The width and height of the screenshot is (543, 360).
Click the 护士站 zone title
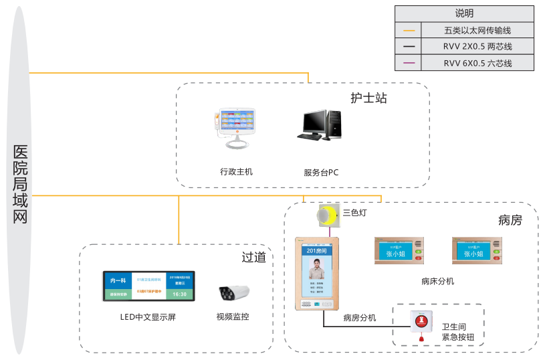pos(368,98)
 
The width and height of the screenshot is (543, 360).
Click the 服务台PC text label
pos(321,173)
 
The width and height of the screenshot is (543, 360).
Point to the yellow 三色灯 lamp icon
pos(326,215)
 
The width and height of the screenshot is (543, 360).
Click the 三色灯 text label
pos(354,213)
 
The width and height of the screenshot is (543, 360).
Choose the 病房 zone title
pos(510,219)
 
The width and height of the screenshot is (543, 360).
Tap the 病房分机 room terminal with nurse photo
pos(317,274)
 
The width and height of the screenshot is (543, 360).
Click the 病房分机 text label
pos(360,318)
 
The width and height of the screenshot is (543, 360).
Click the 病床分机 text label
pos(438,281)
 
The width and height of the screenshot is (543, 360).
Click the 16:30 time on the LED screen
pos(180,294)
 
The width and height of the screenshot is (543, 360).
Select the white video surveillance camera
pos(234,292)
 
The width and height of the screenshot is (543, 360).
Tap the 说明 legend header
pos(464,13)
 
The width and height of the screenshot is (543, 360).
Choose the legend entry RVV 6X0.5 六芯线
pos(477,64)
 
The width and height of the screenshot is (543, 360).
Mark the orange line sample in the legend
pos(409,30)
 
